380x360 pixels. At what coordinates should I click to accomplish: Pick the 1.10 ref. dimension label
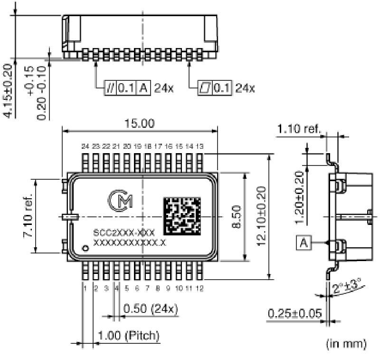tap(299, 128)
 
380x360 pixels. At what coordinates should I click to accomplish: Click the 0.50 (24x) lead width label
tap(151, 309)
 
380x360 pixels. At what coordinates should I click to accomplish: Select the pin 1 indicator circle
tap(85, 248)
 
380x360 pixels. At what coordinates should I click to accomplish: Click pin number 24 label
tap(85, 146)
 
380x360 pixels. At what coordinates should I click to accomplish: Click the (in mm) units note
tap(346, 343)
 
